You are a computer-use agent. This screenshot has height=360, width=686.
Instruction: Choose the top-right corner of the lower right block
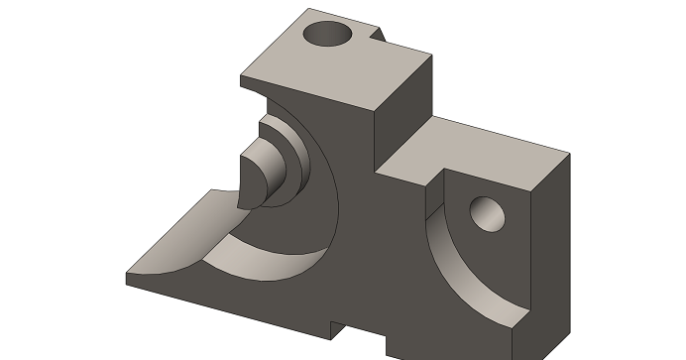(x=571, y=153)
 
